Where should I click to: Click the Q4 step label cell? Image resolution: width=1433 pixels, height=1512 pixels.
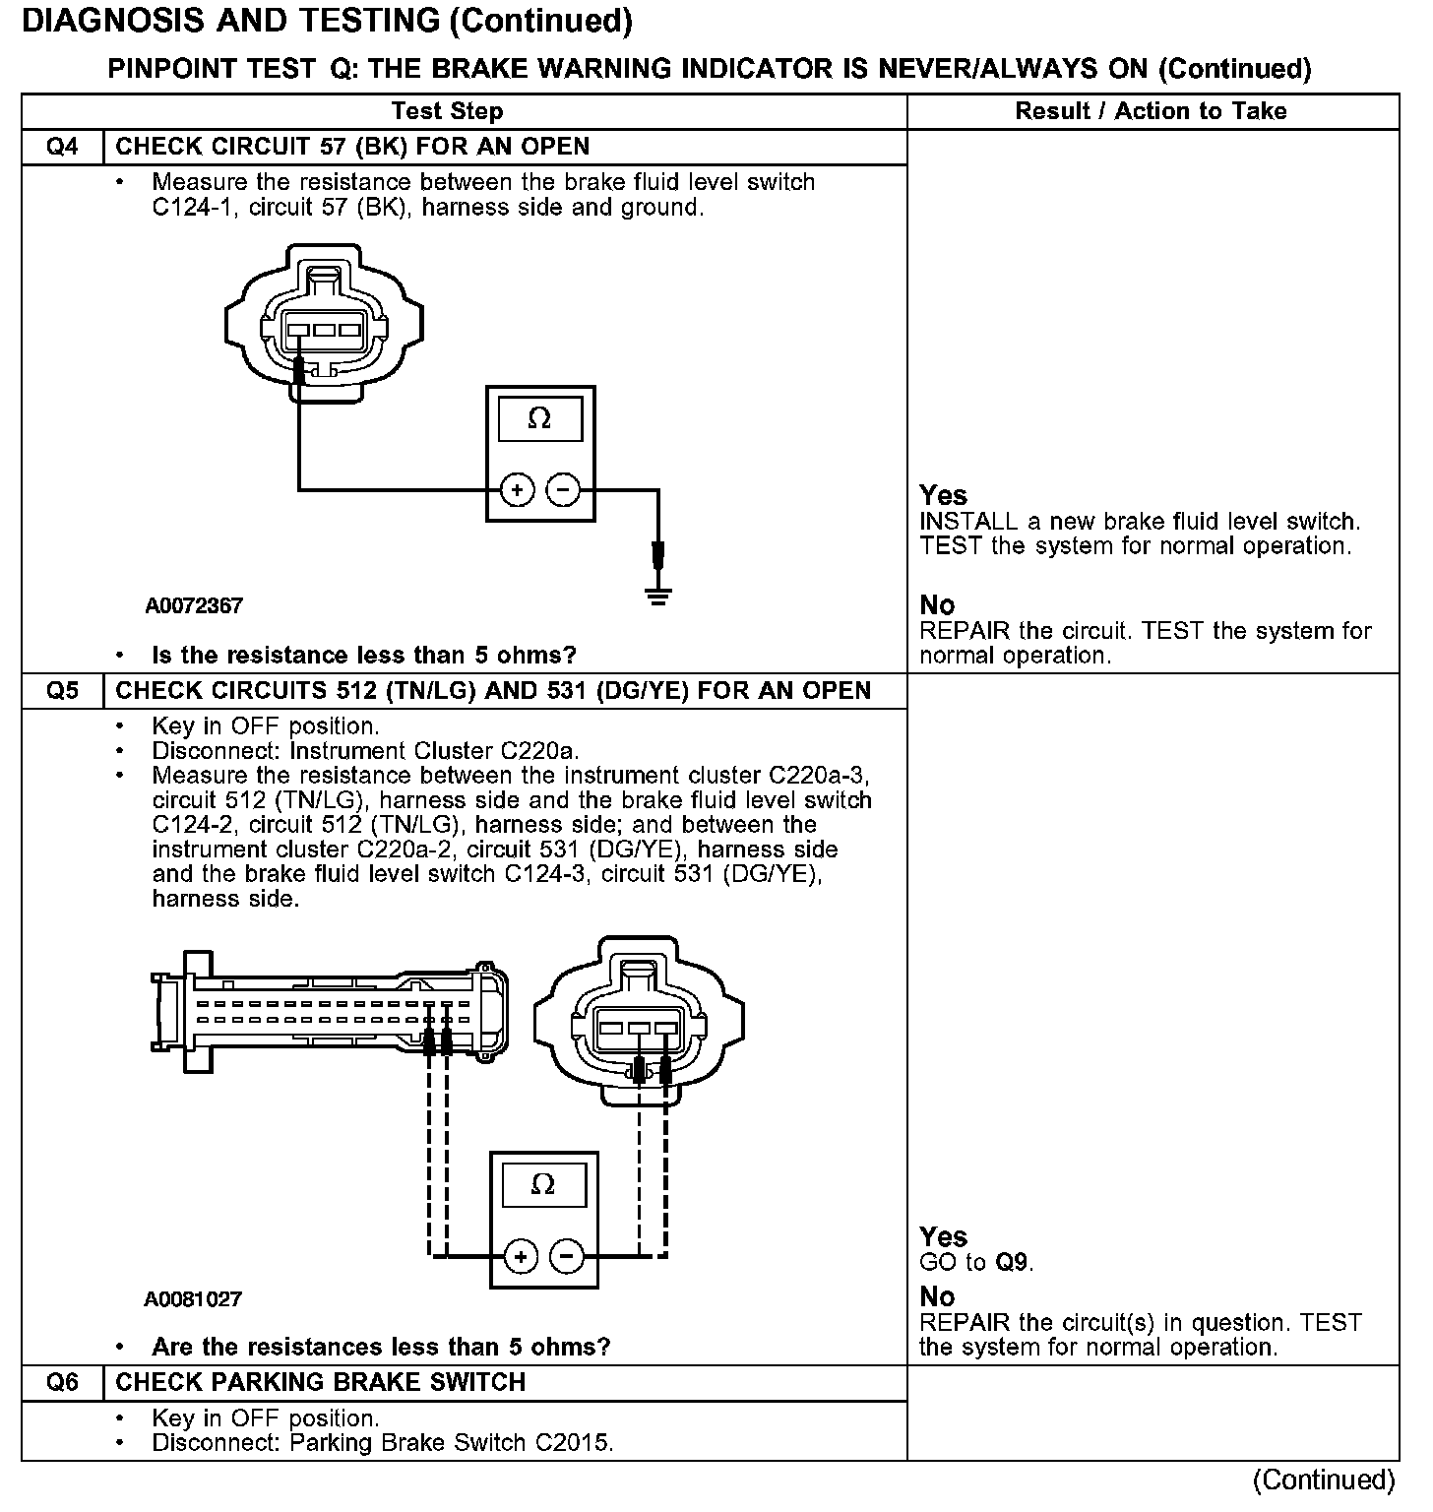coord(62,148)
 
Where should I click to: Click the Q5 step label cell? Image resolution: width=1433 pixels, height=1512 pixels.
coord(62,691)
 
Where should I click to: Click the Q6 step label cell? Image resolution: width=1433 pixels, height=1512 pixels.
coord(62,1382)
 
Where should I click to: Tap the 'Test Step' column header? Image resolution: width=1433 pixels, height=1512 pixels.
coord(447,111)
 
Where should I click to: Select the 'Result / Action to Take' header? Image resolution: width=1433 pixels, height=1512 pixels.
coord(1151,111)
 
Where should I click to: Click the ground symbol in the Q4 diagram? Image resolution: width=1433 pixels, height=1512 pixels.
coord(658,594)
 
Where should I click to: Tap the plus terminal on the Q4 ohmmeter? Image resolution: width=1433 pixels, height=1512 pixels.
coord(517,489)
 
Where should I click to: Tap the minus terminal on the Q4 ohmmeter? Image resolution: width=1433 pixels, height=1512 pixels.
coord(563,489)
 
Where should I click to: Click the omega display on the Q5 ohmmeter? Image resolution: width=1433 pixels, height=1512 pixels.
coord(542,1184)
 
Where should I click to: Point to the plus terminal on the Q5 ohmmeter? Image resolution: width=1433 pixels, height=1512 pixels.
coord(521,1256)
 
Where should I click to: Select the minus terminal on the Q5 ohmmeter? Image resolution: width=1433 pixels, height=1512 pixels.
coord(566,1256)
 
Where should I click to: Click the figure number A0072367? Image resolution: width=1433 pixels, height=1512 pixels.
coord(194,606)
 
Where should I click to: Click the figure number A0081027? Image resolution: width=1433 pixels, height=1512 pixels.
coord(193,1299)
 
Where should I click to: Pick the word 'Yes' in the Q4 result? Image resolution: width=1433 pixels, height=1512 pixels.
coord(943,495)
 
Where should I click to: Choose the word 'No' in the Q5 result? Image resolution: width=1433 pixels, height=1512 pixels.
coord(937,1296)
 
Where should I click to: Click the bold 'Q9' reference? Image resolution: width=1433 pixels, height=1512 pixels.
coord(1014,1262)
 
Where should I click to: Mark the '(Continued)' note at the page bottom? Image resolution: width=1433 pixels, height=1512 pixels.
coord(1323,1480)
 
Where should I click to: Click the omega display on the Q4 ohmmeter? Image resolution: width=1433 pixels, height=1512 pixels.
coord(539,420)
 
